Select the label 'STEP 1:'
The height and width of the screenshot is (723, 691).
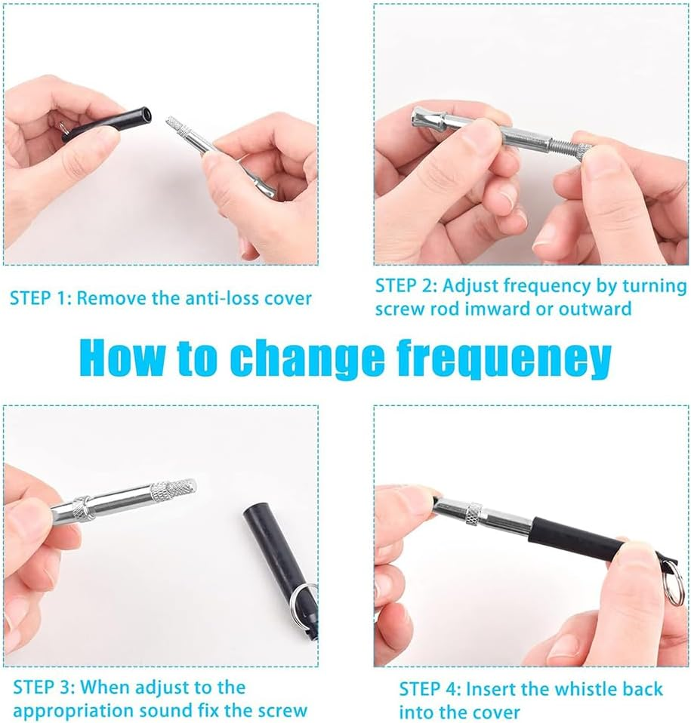tap(41, 298)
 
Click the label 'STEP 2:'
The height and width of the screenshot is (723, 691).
tap(406, 286)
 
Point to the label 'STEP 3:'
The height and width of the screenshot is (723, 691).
tap(44, 688)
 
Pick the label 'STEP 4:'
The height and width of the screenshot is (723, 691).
tap(430, 689)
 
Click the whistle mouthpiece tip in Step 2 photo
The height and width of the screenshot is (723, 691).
tap(423, 118)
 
